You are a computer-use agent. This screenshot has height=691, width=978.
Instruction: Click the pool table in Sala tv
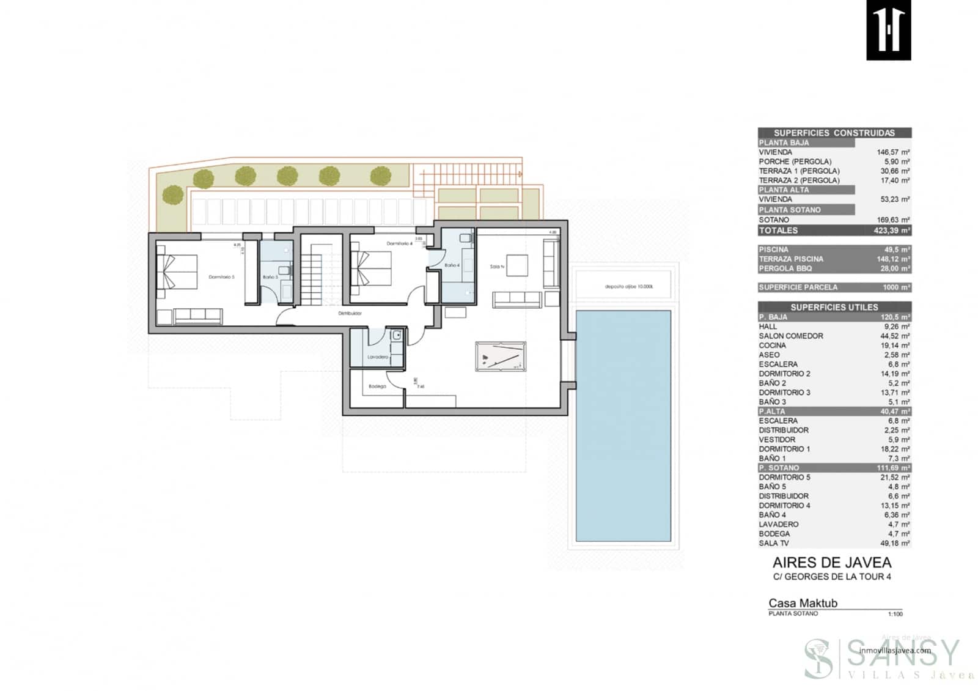point(501,357)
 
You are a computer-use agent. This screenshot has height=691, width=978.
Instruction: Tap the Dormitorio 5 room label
point(221,277)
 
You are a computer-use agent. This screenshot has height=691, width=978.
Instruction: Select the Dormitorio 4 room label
point(399,243)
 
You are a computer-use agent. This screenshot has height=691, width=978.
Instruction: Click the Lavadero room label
point(378,357)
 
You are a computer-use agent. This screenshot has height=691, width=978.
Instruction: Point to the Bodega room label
point(377,386)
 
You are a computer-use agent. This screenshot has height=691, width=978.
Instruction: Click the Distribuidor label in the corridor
point(350,313)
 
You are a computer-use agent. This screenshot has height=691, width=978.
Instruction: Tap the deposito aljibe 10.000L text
point(629,286)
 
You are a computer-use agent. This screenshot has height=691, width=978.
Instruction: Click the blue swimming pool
point(623,426)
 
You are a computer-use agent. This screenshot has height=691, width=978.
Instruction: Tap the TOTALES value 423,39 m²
point(891,231)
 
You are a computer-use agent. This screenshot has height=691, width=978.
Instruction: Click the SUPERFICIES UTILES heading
point(834,307)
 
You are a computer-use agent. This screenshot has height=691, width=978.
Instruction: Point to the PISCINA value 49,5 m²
point(897,249)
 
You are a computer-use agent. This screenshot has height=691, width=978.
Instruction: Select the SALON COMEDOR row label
point(790,336)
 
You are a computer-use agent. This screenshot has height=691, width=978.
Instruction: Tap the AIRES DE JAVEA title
point(831,563)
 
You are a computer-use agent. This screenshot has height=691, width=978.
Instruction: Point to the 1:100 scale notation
point(895,614)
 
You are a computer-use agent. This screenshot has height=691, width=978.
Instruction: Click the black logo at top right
point(888,30)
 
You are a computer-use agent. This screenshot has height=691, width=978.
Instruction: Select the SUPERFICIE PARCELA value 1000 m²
point(895,287)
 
